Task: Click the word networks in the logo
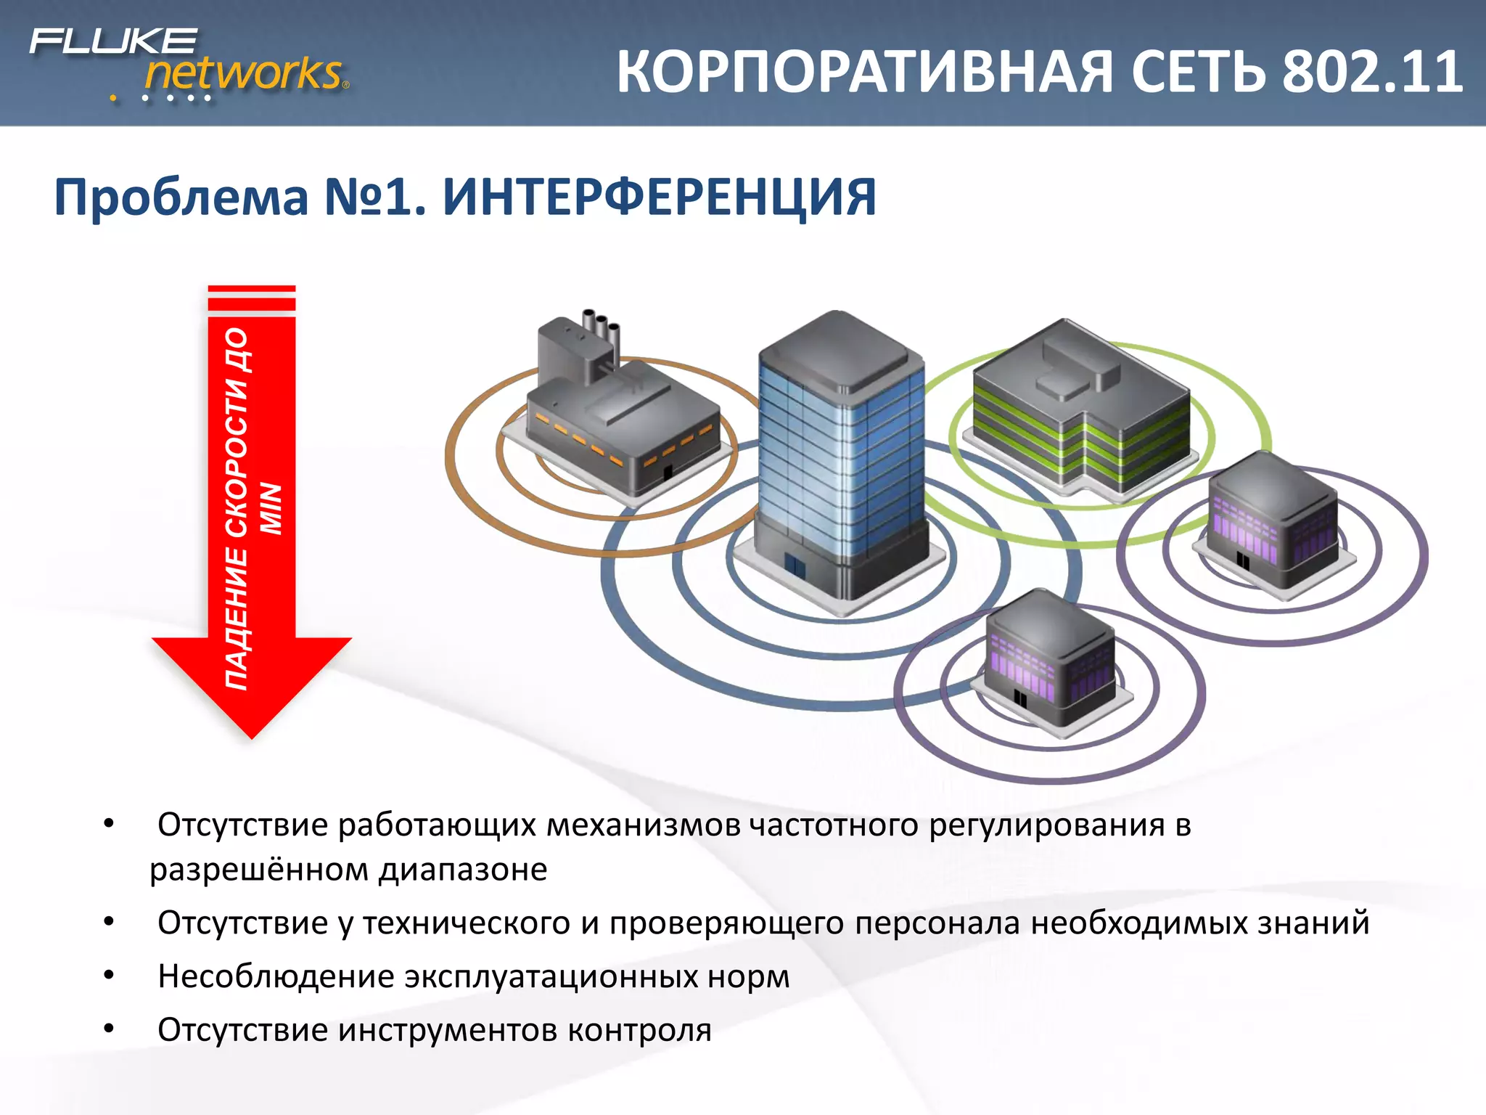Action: [243, 73]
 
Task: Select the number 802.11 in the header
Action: [1371, 73]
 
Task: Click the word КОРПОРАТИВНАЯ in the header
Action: [863, 73]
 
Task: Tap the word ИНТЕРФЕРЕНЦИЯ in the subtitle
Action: [659, 197]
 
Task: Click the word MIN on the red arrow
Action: [271, 508]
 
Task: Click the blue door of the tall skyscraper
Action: [795, 565]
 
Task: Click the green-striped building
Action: [1081, 414]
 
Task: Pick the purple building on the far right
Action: [1273, 523]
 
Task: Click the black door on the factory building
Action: [668, 473]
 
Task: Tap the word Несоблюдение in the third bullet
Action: [276, 976]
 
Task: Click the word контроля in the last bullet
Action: [639, 1030]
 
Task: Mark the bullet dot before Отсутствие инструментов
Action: [109, 1029]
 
